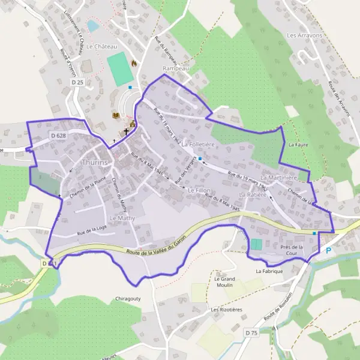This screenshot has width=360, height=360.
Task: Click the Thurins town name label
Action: (95, 163)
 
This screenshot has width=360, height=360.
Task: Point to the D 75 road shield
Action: (251, 332)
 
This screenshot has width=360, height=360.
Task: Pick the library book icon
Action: (116, 115)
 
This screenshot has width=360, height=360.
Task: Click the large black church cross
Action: (127, 131)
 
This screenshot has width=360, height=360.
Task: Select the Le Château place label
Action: (100, 46)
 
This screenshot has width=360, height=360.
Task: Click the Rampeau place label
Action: (176, 68)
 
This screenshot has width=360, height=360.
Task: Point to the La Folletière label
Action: (197, 145)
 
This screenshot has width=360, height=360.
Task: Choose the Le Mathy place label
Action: (123, 218)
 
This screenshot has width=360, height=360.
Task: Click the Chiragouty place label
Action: (128, 298)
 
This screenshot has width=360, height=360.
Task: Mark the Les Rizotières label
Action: (223, 310)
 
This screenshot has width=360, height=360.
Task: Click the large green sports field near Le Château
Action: (121, 68)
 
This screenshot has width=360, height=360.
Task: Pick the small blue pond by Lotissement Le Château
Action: (92, 26)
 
